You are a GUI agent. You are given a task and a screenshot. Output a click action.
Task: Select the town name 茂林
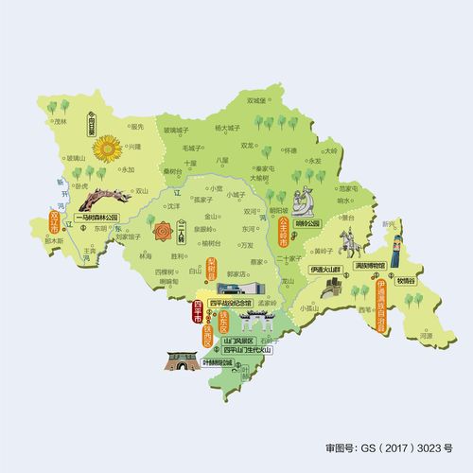(62, 121)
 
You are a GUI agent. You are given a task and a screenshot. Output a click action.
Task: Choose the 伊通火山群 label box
(326, 269)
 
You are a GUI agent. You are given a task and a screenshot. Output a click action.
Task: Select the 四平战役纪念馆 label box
(231, 304)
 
